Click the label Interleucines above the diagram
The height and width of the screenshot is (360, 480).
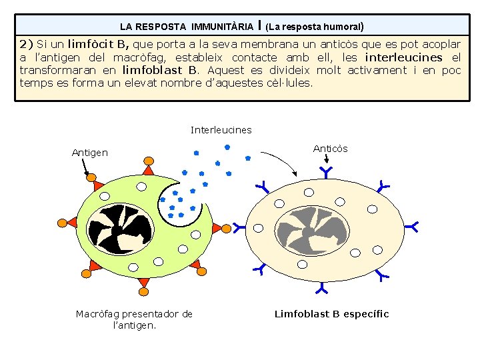pyautogui.click(x=221, y=130)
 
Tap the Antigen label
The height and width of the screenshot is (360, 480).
pyautogui.click(x=89, y=153)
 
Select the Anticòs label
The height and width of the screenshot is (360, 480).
pyautogui.click(x=330, y=149)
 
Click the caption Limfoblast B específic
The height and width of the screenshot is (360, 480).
pyautogui.click(x=331, y=314)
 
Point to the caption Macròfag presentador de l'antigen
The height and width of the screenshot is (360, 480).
pyautogui.click(x=134, y=319)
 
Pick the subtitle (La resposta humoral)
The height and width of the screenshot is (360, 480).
pyautogui.click(x=314, y=27)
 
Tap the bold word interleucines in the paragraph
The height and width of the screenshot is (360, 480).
pyautogui.click(x=403, y=57)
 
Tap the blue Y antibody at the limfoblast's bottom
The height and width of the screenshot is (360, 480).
pyautogui.click(x=322, y=289)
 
